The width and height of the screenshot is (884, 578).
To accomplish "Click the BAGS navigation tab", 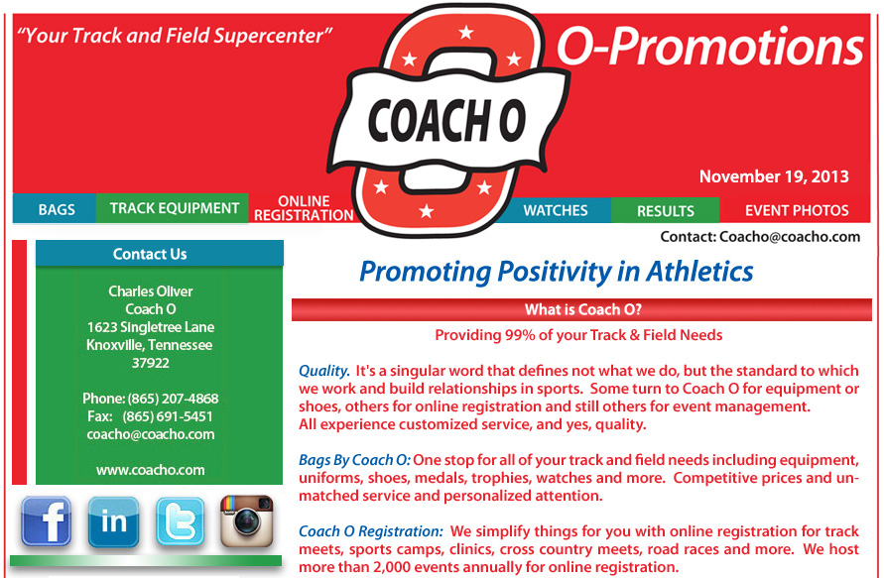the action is point(56,209).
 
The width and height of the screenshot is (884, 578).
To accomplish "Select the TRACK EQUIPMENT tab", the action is point(174,208).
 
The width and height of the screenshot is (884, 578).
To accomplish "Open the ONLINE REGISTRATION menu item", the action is point(304,208).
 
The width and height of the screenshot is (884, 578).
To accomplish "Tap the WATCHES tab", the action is point(556,210).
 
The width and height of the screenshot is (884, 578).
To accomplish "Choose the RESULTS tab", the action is point(666,211).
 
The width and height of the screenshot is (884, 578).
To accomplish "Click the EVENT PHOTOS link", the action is point(797,211).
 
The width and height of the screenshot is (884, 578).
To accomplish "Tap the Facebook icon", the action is point(47,521).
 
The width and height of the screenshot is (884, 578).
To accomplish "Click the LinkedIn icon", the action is point(113,521).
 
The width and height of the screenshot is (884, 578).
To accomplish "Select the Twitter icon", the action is point(180,521).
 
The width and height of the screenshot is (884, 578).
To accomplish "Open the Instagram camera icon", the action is point(247,521).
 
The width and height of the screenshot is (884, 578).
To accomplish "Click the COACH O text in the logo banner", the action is point(446,121).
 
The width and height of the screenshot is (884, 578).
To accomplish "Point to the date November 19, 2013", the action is point(774,176).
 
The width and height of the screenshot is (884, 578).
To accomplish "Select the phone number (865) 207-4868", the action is point(173,399).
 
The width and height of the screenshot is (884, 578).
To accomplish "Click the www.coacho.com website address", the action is point(151,470).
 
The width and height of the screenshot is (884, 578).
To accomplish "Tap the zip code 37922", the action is point(151,363).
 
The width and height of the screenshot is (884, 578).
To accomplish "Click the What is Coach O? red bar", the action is point(581,309).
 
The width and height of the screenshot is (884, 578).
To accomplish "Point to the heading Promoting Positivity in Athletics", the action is point(556,272).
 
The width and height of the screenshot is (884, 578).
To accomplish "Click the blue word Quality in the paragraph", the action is point(324,371).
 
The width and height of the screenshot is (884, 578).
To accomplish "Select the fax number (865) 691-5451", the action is point(168,416).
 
